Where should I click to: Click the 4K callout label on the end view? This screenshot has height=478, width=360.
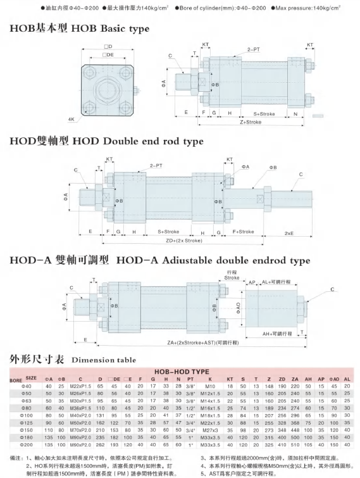71,120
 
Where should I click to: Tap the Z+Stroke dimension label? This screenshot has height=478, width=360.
251,122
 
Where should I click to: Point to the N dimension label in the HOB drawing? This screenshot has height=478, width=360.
295,114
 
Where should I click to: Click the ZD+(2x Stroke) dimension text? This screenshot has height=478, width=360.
184,241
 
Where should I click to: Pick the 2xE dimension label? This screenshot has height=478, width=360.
289,233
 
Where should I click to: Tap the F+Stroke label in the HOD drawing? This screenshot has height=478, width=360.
244,232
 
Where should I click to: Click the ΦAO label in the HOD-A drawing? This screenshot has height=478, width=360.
238,308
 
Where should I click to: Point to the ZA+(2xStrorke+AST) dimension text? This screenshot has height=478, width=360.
203,343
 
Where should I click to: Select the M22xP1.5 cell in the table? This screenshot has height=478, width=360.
80,386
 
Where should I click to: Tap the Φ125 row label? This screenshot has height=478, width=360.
26,423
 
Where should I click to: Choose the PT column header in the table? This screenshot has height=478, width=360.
190,379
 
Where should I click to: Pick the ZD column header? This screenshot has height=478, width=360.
282,379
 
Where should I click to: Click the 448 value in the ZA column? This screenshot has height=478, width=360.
295,430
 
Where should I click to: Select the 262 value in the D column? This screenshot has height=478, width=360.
100,445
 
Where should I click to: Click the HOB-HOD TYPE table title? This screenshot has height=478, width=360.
182,372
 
